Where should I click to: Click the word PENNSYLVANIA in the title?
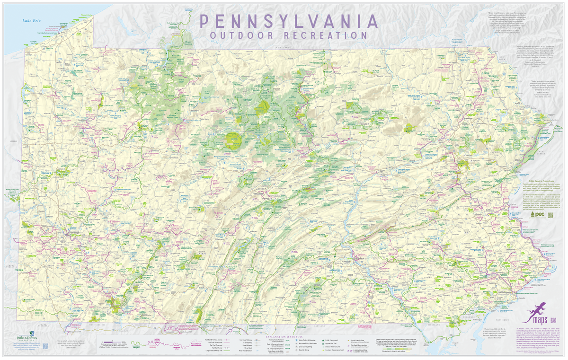289,21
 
